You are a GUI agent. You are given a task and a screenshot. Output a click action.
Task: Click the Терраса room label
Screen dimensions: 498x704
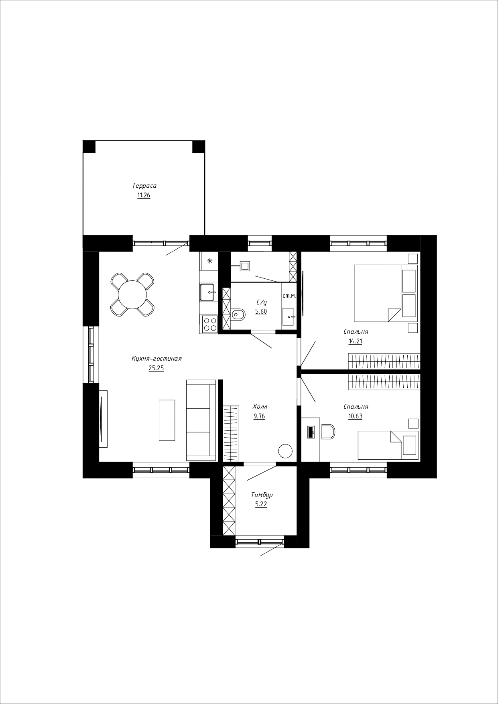144,186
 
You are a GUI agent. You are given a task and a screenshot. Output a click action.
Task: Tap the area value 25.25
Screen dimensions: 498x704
156,368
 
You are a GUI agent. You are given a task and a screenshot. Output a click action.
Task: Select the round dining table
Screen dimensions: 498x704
132,294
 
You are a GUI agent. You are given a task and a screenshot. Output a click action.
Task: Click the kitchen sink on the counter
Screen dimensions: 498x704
208,292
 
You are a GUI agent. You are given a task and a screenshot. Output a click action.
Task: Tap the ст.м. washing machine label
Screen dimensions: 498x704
289,296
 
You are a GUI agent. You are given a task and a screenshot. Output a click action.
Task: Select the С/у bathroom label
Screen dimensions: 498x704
262,302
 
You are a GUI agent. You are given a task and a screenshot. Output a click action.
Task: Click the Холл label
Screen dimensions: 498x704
260,406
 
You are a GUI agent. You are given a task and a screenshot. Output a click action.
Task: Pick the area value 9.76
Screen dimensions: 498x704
259,416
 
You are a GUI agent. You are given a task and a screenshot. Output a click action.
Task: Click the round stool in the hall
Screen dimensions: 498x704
285,451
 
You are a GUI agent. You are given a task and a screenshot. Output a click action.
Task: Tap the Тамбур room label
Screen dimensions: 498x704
262,495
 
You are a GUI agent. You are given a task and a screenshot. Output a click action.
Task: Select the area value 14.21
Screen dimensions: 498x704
356,341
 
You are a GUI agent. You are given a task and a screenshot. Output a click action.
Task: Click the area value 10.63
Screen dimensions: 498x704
356,416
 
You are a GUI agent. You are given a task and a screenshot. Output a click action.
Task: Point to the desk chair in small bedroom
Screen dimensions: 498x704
328,432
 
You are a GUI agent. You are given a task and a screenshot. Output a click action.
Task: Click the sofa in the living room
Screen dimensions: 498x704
201,420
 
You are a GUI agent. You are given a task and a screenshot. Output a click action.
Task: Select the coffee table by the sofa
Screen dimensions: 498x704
167,420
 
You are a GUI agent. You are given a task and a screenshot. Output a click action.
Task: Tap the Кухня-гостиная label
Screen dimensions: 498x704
157,359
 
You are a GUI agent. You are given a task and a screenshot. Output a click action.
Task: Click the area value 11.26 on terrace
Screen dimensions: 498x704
144,196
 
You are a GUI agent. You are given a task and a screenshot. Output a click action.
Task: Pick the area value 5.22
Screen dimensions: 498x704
261,505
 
